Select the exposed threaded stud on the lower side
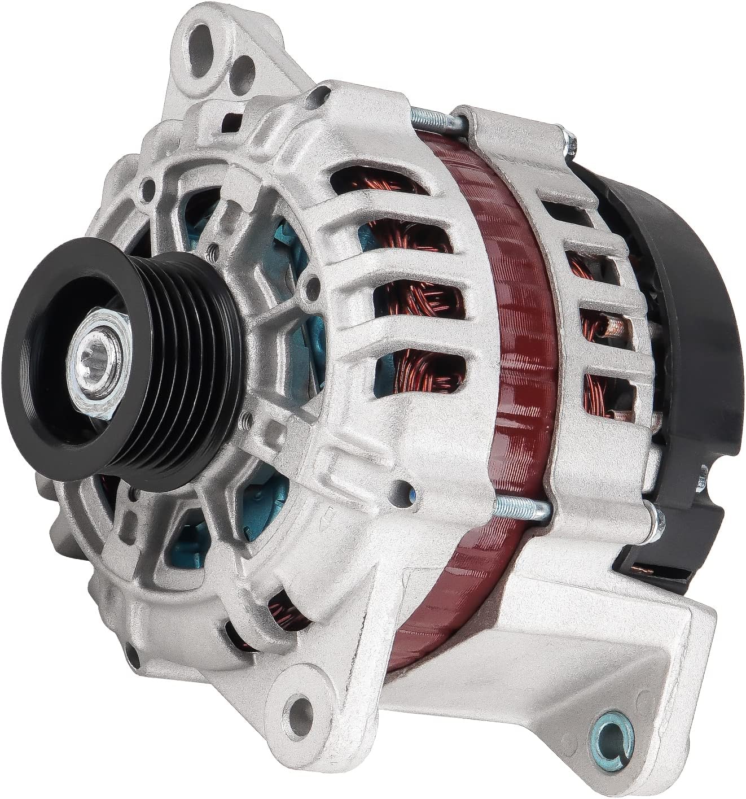point(521,508)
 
